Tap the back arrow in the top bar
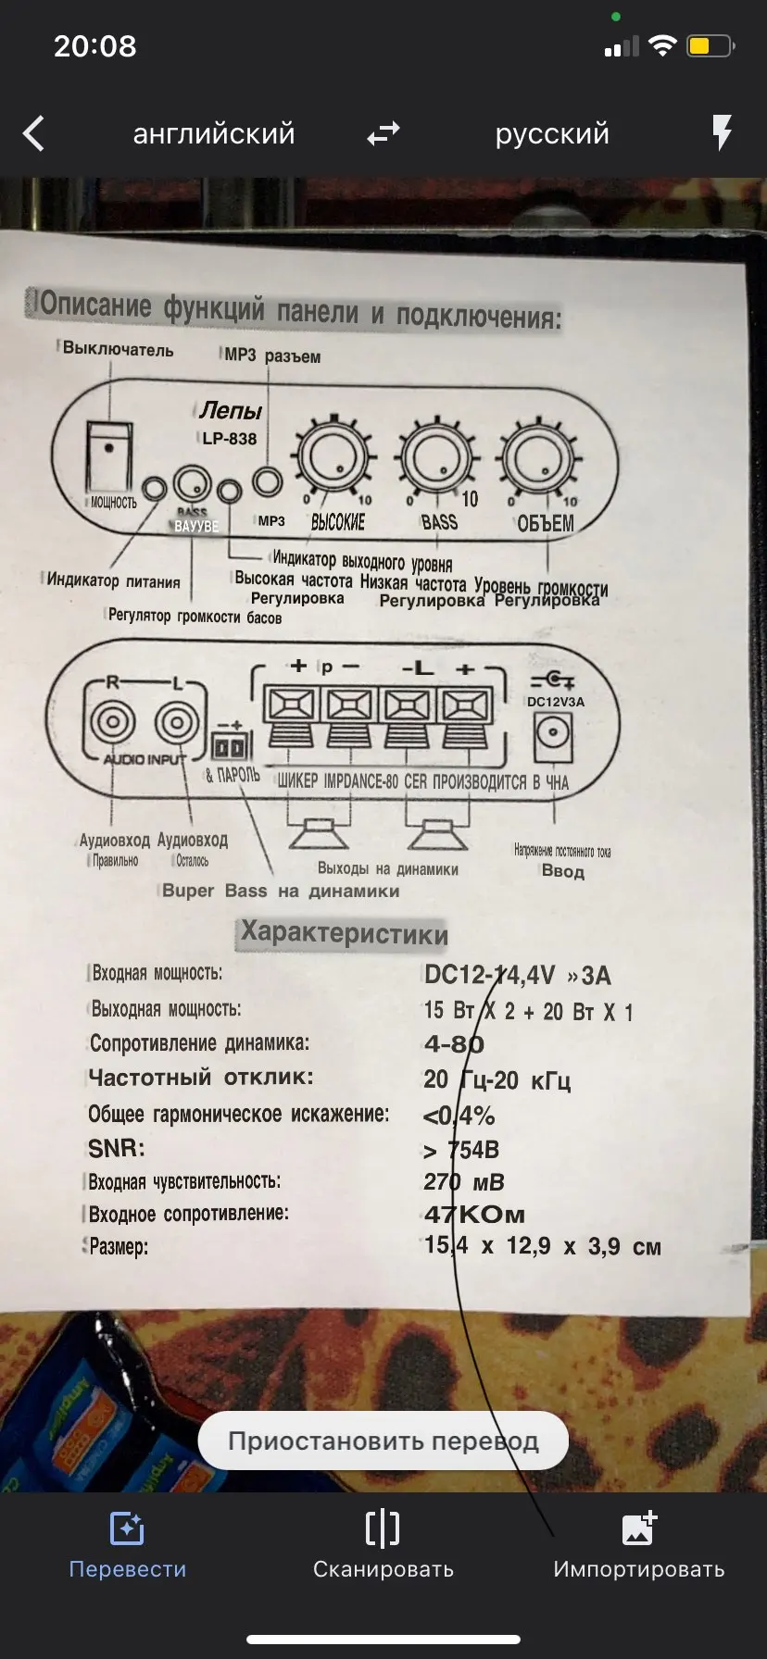click(x=33, y=133)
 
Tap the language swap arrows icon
click(x=383, y=133)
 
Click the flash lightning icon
click(x=722, y=133)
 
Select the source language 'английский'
click(x=214, y=133)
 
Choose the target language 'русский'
click(x=552, y=133)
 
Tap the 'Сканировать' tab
click(x=383, y=1546)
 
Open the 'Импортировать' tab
click(x=639, y=1546)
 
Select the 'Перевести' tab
click(x=127, y=1546)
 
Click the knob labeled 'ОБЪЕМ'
click(x=539, y=457)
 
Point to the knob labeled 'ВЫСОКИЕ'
click(x=334, y=455)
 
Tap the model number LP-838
click(x=229, y=439)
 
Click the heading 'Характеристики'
click(x=344, y=932)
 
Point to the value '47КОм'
click(x=474, y=1214)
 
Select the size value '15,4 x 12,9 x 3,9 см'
click(x=543, y=1246)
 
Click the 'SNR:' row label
click(x=117, y=1149)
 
